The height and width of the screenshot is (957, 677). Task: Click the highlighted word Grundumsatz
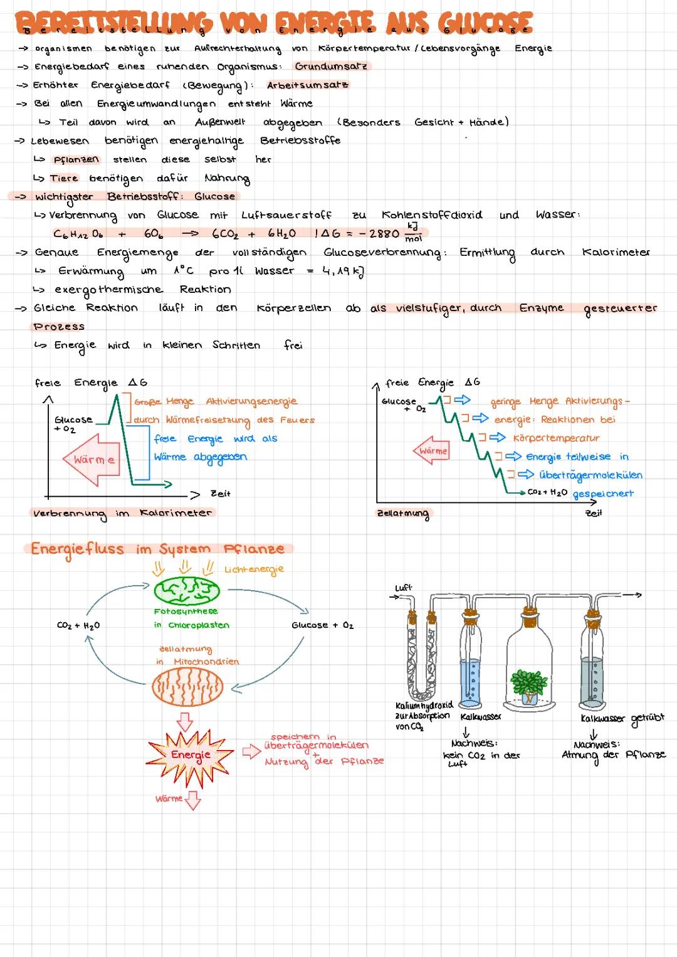331,66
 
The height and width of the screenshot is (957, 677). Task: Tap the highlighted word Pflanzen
76,159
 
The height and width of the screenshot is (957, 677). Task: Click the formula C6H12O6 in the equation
78,233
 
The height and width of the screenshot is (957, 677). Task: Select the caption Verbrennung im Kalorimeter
122,513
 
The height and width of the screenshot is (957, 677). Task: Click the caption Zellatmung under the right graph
403,514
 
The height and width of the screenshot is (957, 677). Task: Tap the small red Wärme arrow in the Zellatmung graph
432,451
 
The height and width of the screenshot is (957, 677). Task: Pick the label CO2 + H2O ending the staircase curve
547,492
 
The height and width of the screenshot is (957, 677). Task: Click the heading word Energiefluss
77,549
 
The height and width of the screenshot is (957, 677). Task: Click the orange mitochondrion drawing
186,687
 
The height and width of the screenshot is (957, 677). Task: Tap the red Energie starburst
191,754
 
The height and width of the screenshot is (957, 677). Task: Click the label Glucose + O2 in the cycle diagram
322,625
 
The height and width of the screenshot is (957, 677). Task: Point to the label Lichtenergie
254,569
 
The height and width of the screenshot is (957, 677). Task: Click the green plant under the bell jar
529,682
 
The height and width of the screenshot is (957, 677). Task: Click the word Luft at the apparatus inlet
403,588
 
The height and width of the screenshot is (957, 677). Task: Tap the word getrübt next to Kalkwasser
647,718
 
